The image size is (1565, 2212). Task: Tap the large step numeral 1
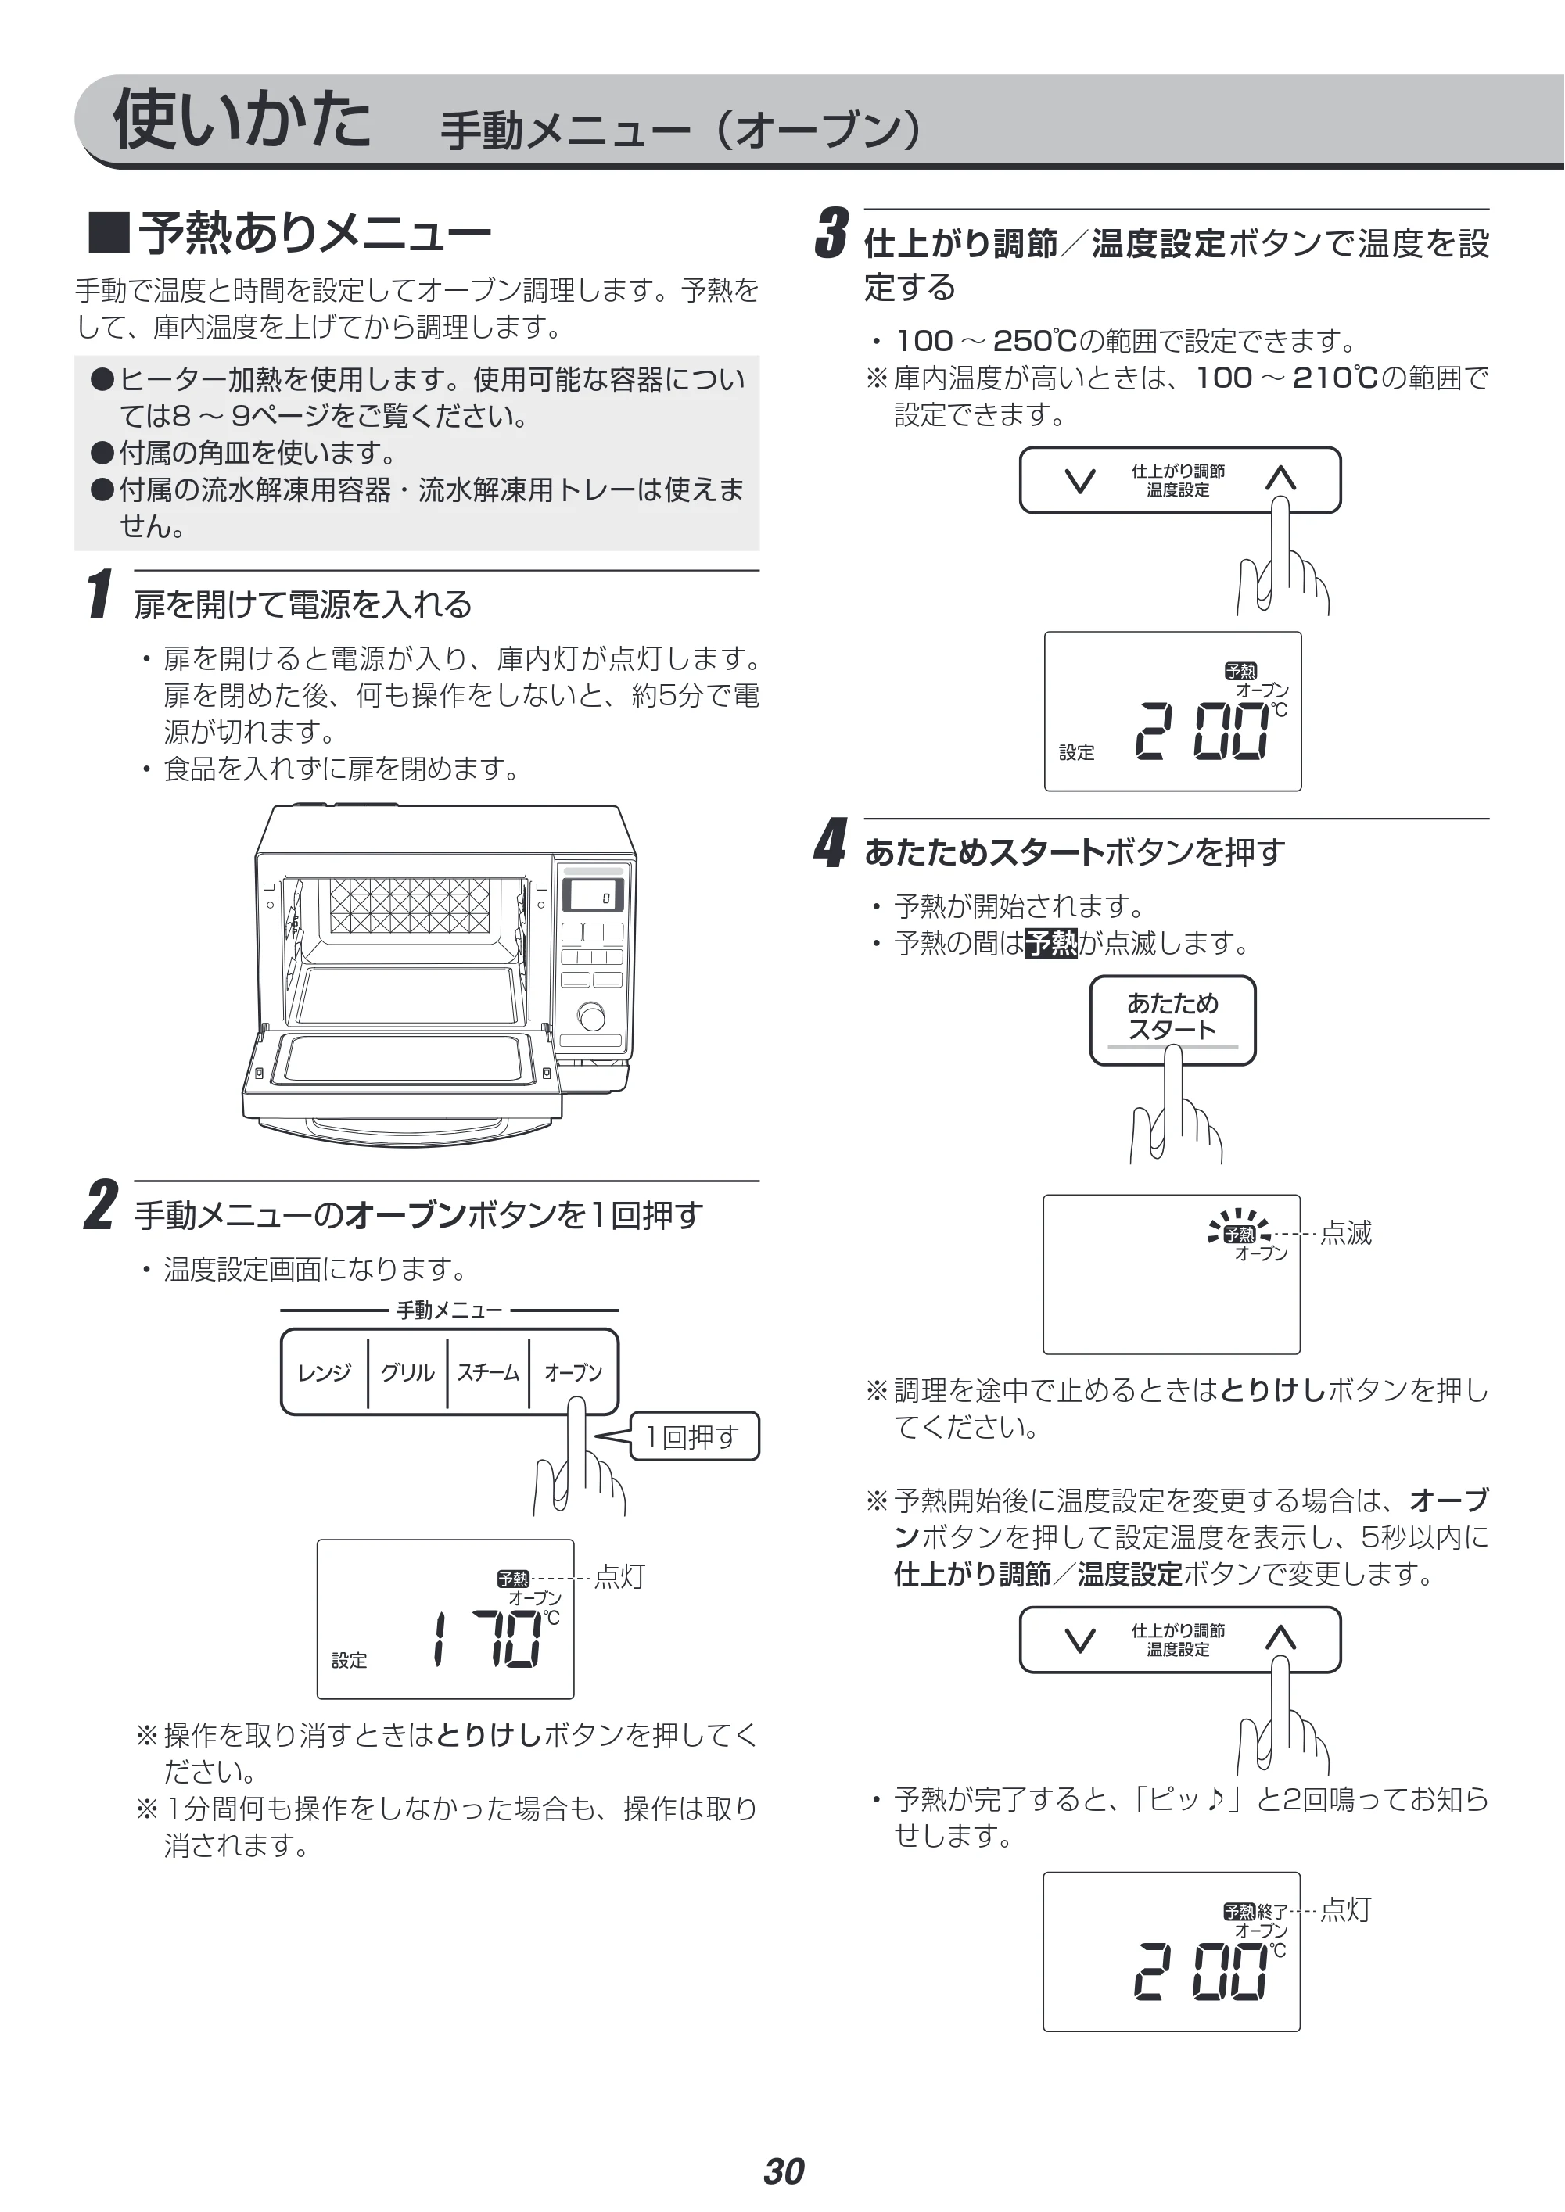click(x=99, y=593)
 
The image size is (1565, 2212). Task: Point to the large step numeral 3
click(x=831, y=233)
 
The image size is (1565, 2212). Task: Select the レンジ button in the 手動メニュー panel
click(x=324, y=1372)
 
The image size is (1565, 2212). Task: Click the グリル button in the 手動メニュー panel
click(x=407, y=1372)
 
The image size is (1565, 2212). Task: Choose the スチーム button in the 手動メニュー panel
click(x=487, y=1372)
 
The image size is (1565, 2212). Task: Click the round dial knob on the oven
click(x=592, y=1017)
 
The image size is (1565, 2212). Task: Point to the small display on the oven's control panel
click(x=592, y=896)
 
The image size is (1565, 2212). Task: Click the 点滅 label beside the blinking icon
click(x=1345, y=1233)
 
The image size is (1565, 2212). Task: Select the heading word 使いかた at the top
click(x=241, y=120)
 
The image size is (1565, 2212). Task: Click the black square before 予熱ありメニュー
click(x=108, y=232)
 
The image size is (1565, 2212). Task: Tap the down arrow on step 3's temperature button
click(x=1081, y=480)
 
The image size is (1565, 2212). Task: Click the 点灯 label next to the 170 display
click(x=619, y=1577)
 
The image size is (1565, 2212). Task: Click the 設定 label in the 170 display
click(x=349, y=1661)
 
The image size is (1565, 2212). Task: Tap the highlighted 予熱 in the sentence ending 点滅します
click(x=1050, y=942)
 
